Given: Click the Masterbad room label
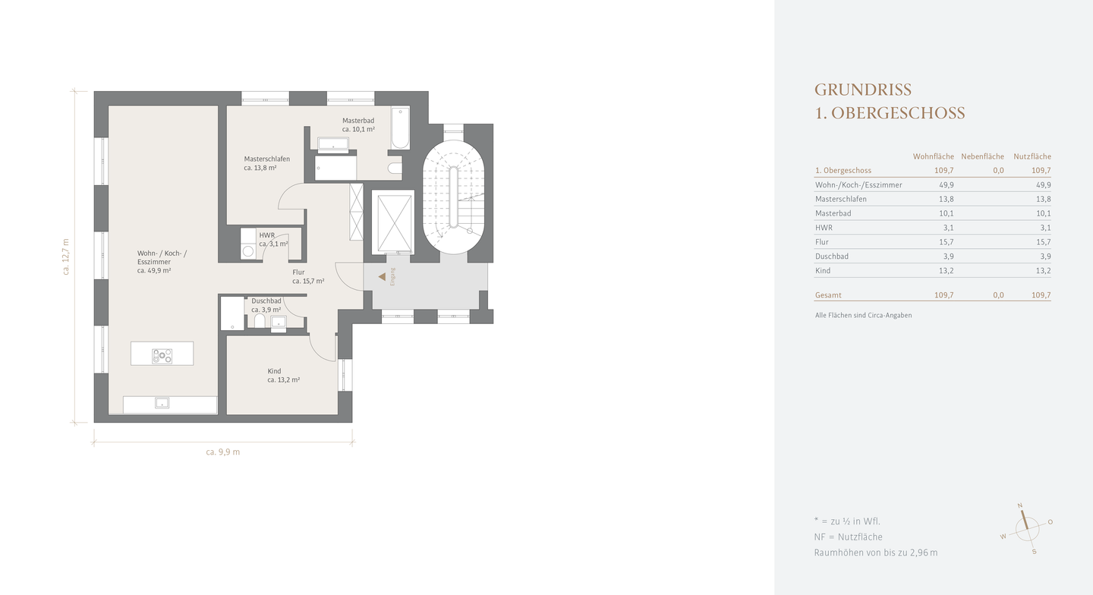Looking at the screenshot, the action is tap(358, 121).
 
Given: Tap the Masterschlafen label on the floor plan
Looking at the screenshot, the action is tap(267, 159).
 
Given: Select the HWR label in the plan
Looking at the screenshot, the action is tap(267, 235).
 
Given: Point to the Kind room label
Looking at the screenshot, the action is tap(274, 371).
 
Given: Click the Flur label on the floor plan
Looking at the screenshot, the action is tap(298, 272).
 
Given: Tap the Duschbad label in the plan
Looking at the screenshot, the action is tap(266, 301).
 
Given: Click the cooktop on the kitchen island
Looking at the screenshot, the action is tap(162, 356).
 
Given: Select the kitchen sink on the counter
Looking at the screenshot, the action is tap(162, 403).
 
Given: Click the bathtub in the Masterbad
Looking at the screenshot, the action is tap(400, 127).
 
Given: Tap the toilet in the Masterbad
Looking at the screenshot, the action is tap(395, 168).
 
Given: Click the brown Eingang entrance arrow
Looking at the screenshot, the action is tap(382, 276).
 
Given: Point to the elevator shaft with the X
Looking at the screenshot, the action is tap(393, 222).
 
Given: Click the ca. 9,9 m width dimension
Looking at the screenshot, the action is tap(223, 452).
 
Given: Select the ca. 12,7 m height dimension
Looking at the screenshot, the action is tap(66, 257).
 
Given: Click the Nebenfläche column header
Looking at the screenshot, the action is tap(983, 156).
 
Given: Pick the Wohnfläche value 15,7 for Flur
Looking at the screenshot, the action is tap(946, 242).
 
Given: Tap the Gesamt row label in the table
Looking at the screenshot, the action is tap(828, 295).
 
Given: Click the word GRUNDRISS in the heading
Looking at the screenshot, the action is tap(863, 90).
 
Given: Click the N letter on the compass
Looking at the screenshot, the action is tap(1020, 505).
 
